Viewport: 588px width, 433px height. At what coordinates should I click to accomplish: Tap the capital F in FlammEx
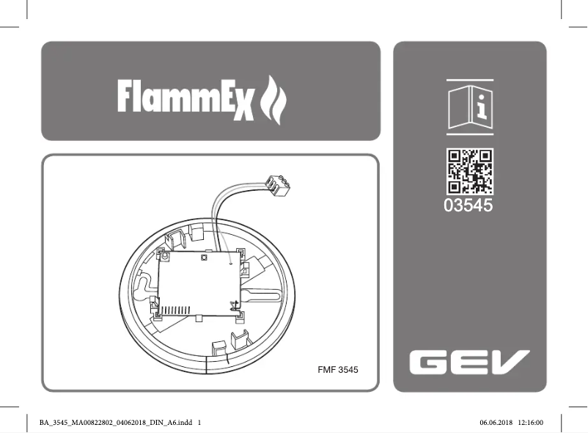[x=128, y=96]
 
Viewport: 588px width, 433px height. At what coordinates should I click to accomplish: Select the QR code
[x=470, y=171]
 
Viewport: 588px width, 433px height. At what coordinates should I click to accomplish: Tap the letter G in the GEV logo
[x=427, y=361]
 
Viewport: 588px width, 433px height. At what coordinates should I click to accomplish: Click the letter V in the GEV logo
[x=511, y=361]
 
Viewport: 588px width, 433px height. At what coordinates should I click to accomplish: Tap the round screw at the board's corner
[x=165, y=258]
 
